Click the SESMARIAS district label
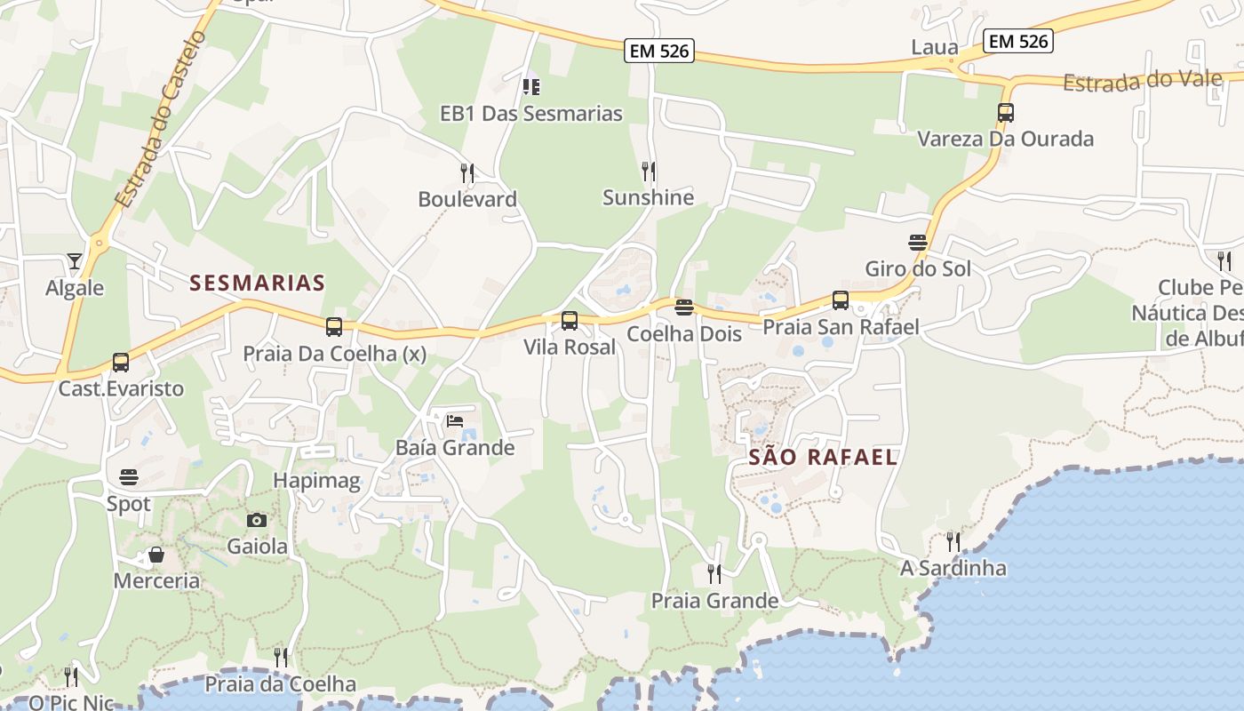pyautogui.click(x=258, y=284)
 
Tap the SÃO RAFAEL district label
pyautogui.click(x=823, y=458)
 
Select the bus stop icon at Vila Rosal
pyautogui.click(x=570, y=320)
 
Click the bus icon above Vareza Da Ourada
pyautogui.click(x=1006, y=113)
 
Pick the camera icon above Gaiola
pyautogui.click(x=257, y=520)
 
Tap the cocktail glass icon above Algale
pyautogui.click(x=75, y=261)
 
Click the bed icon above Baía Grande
pyautogui.click(x=455, y=420)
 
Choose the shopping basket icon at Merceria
pyautogui.click(x=156, y=555)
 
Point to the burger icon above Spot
pyautogui.click(x=129, y=477)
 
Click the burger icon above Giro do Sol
pyautogui.click(x=918, y=242)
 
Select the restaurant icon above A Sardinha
pyautogui.click(x=953, y=541)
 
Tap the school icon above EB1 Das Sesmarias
pyautogui.click(x=531, y=87)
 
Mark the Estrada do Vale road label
pyautogui.click(x=1142, y=81)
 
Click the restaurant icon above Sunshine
pyautogui.click(x=649, y=171)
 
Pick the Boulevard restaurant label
pyautogui.click(x=467, y=199)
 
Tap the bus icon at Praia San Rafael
pyautogui.click(x=841, y=300)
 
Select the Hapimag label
pyautogui.click(x=316, y=481)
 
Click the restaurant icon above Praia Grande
pyautogui.click(x=714, y=574)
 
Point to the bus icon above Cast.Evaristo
pyautogui.click(x=121, y=363)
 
